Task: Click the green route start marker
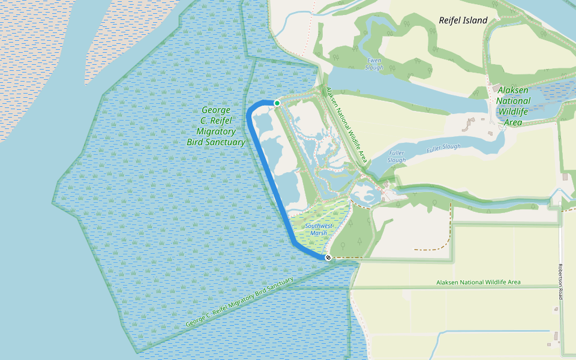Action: coord(277,103)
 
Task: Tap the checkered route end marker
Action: coord(328,257)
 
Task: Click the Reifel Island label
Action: coord(463,20)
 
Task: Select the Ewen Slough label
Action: coord(374,64)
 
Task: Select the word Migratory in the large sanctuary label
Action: coord(216,131)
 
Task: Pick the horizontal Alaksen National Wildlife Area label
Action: coord(478,282)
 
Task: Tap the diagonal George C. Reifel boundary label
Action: coord(239,302)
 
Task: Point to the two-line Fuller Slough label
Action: coord(397,157)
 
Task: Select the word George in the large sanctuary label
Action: coord(216,110)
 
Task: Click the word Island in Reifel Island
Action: coord(476,20)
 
